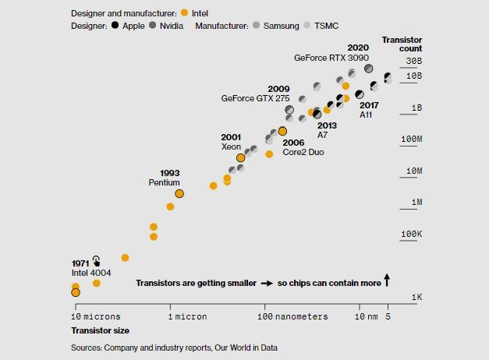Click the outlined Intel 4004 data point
[x=76, y=292]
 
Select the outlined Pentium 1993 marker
[x=179, y=194]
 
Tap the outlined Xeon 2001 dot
[x=240, y=158]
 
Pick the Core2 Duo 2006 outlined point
[x=282, y=131]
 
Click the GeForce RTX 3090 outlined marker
[x=369, y=69]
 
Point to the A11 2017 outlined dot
[x=360, y=94]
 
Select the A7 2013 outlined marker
[x=317, y=115]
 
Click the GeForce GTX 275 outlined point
[x=289, y=110]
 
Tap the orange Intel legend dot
[x=185, y=12]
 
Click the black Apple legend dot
[x=115, y=25]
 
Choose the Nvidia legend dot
[x=153, y=25]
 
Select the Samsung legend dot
[x=256, y=25]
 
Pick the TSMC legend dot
[x=307, y=25]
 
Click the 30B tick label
[x=414, y=61]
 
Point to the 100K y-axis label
[x=411, y=234]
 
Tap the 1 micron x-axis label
[x=187, y=316]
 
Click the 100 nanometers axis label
[x=292, y=316]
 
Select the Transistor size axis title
[x=100, y=330]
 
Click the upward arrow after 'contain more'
[x=387, y=280]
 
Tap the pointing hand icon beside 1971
[x=97, y=261]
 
